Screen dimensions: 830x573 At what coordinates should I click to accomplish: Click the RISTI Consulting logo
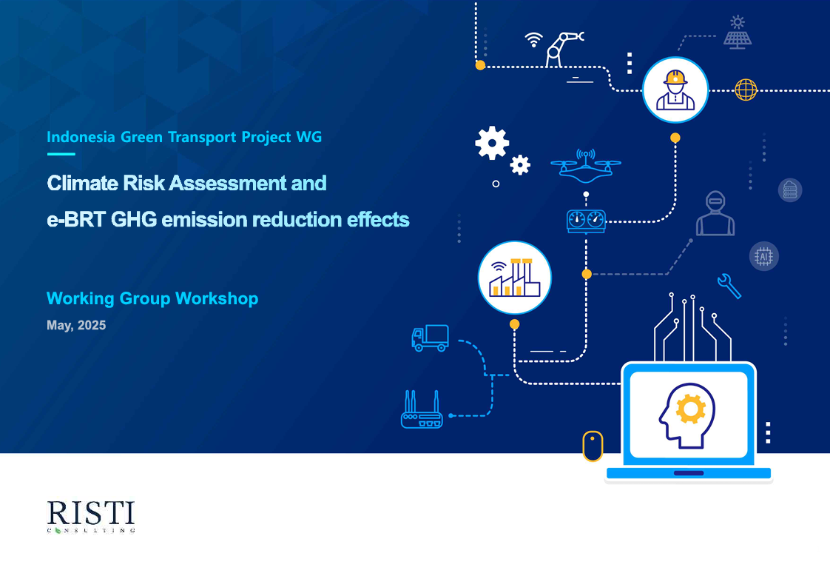click(91, 516)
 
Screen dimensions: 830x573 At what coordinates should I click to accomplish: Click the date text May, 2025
click(76, 325)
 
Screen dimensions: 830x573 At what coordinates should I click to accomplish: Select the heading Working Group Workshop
click(152, 298)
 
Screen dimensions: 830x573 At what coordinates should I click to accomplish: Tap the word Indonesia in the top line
click(81, 137)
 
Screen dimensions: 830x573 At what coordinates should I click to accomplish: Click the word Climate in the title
click(83, 184)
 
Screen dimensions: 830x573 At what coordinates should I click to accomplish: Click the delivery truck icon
click(431, 338)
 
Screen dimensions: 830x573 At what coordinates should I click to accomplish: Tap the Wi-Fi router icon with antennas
click(422, 409)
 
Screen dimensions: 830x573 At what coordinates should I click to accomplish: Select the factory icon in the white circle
click(515, 278)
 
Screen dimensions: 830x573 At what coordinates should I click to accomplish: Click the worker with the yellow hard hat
click(675, 90)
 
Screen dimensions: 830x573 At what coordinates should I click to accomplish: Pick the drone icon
click(585, 164)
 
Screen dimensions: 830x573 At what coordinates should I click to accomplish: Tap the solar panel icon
click(738, 33)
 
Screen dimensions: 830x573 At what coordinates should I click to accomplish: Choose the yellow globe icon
click(746, 90)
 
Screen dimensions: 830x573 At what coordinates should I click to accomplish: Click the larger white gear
click(492, 143)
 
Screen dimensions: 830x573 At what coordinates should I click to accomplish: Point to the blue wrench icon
click(729, 286)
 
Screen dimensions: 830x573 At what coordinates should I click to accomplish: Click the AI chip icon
click(764, 256)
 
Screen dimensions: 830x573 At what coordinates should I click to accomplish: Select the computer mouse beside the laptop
click(593, 446)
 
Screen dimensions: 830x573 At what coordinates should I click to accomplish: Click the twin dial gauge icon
click(586, 221)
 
